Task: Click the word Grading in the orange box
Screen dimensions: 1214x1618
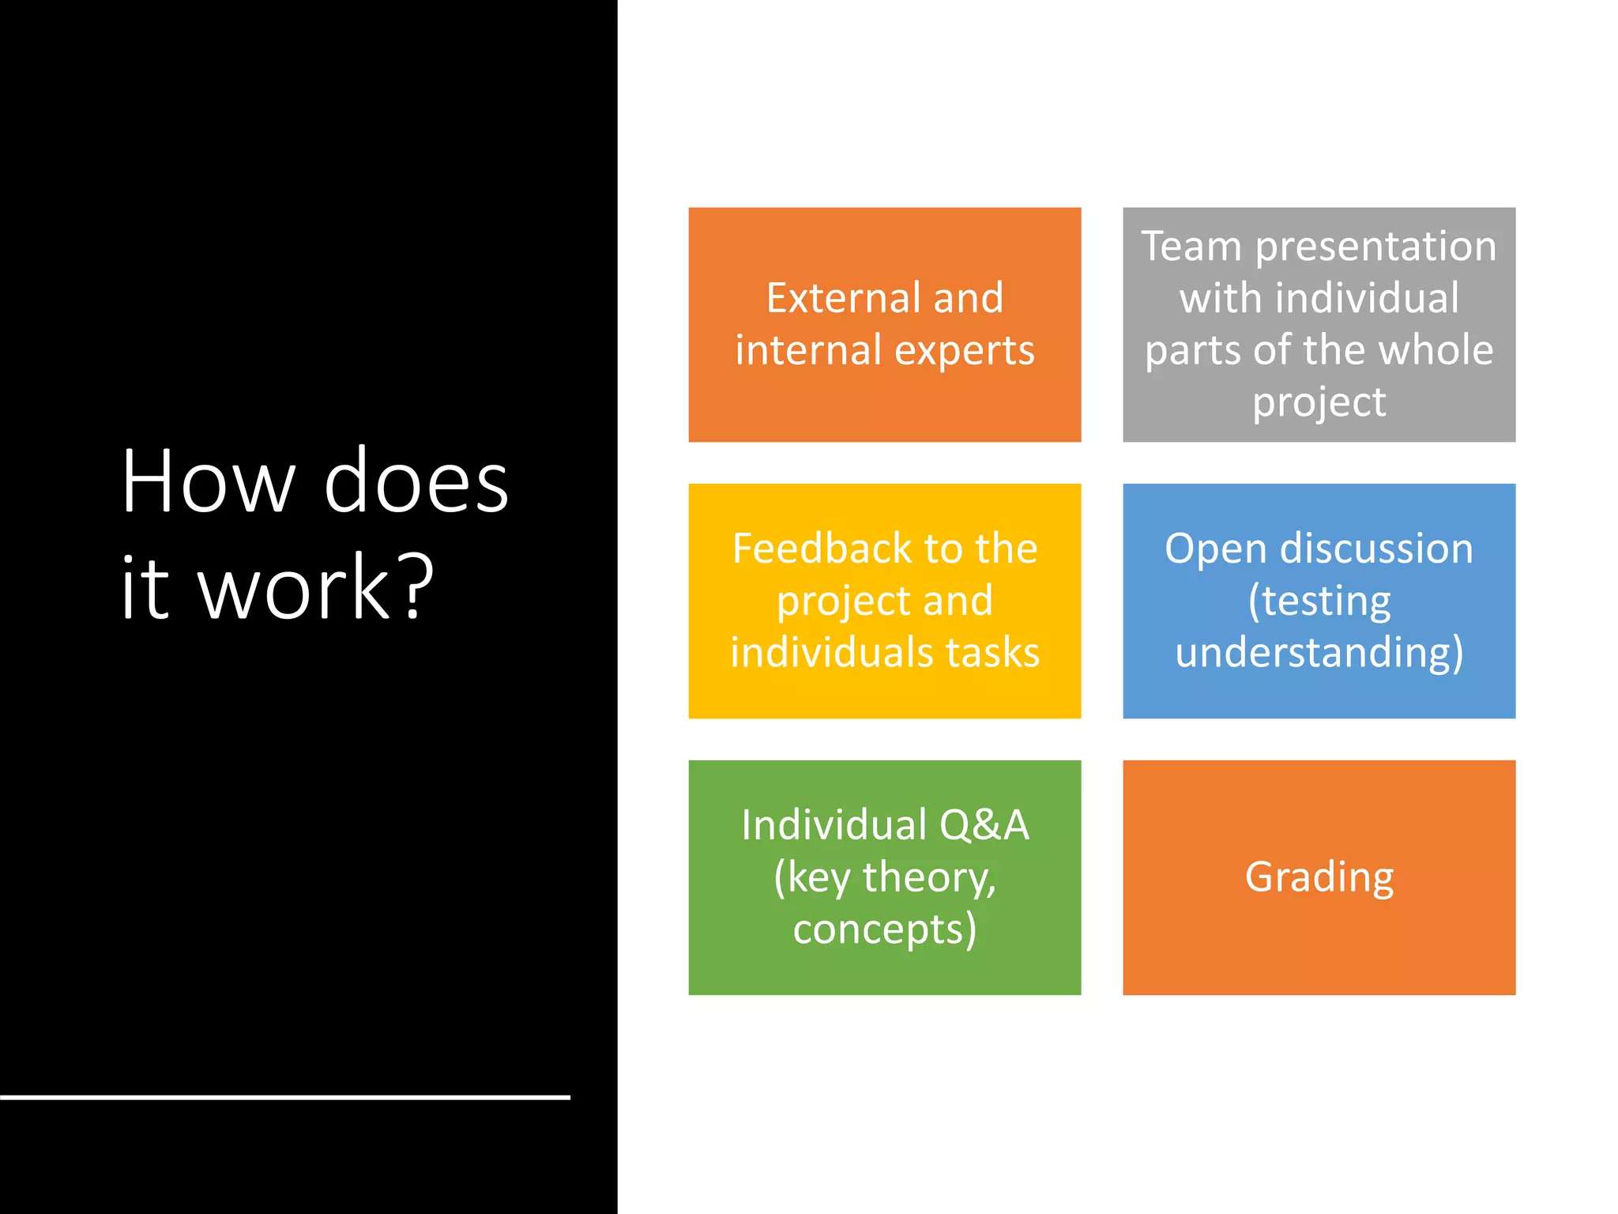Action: (x=1319, y=878)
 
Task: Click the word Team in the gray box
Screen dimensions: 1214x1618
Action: (x=1191, y=246)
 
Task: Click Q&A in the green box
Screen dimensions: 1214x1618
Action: (x=984, y=825)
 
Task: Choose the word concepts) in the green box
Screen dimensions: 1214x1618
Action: (x=885, y=929)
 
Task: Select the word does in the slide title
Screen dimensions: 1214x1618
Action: (x=416, y=482)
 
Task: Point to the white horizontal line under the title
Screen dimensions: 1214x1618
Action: (x=284, y=1097)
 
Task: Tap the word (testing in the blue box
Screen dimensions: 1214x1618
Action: (x=1319, y=601)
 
